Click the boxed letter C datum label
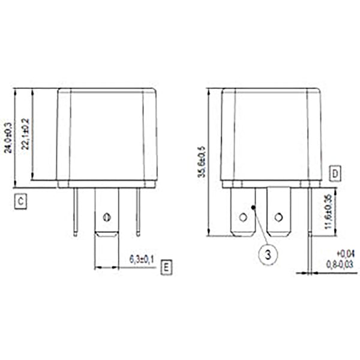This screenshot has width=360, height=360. pos(20,202)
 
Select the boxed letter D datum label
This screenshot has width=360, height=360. pos(335,174)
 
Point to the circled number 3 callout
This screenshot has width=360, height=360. pos(268,254)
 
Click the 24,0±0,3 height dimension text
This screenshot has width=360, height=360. pos(8,137)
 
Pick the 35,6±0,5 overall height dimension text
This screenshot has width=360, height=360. pos(202,161)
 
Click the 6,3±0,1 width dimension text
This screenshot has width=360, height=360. pos(142,260)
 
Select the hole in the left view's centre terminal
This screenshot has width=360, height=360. pos(107,216)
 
